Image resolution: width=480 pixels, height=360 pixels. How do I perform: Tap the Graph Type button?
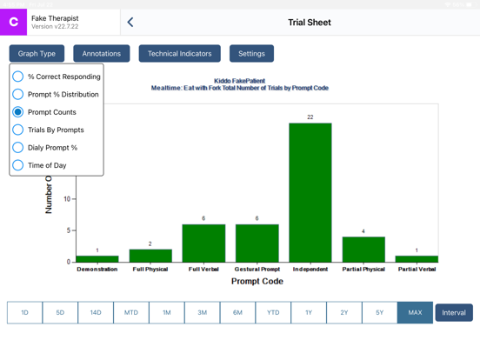pos(37,54)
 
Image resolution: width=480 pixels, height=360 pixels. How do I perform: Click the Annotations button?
pos(102,54)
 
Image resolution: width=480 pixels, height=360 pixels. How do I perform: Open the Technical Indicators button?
pos(179,54)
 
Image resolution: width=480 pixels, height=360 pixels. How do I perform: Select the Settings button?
pos(251,54)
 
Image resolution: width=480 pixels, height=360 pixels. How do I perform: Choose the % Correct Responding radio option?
pos(18,77)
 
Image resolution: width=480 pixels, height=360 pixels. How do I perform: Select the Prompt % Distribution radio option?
pos(18,94)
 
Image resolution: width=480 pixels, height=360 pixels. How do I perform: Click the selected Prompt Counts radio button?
pos(18,112)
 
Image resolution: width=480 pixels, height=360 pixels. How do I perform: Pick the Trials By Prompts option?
pos(18,130)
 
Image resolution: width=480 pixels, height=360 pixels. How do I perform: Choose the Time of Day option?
pos(18,165)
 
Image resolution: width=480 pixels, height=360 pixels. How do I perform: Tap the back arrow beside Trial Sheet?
pos(130,23)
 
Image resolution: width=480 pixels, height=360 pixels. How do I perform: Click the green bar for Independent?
pos(310,192)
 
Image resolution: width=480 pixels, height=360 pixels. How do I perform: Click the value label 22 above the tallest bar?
pos(310,117)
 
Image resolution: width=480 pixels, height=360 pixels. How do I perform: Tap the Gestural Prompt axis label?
pos(257,270)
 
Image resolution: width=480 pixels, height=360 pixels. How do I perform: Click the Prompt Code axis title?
pos(257,282)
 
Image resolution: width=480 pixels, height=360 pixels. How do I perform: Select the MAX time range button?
pos(415,312)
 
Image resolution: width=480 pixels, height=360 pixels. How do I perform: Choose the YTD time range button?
pos(273,312)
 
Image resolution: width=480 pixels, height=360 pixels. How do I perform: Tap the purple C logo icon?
pos(14,23)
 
